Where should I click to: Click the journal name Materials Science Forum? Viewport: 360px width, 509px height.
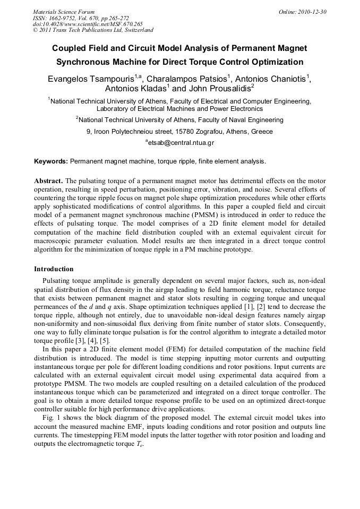tap(64, 12)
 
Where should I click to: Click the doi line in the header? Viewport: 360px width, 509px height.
tap(88, 24)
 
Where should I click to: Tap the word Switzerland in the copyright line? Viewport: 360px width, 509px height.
tap(135, 30)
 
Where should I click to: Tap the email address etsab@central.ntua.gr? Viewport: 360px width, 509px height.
tap(181, 143)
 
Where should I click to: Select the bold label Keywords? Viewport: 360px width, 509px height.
tap(51, 160)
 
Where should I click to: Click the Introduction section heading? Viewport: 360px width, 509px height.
tap(54, 269)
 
